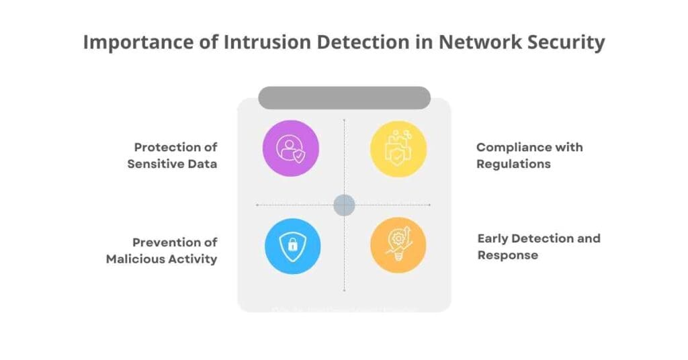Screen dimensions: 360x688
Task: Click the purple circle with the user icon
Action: (290, 148)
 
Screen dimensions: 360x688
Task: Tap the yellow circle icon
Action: (398, 148)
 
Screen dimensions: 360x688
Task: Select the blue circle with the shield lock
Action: (292, 246)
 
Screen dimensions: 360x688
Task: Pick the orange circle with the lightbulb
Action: (398, 245)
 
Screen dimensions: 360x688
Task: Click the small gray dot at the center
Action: (344, 205)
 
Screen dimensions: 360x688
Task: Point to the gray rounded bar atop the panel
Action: (344, 98)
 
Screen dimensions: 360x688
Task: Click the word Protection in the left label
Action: (167, 147)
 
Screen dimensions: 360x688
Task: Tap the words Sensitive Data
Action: (172, 164)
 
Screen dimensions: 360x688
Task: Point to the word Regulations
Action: (513, 164)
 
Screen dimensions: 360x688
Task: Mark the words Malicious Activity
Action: (161, 259)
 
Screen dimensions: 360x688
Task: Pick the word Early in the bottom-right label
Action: (493, 238)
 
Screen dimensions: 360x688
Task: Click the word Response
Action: (507, 255)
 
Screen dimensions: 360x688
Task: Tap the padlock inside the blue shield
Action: (292, 246)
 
